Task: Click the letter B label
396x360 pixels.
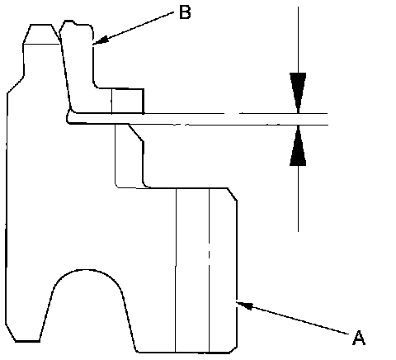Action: pyautogui.click(x=185, y=12)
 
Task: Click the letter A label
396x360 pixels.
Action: pyautogui.click(x=359, y=338)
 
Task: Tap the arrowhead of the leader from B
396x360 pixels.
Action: pyautogui.click(x=100, y=40)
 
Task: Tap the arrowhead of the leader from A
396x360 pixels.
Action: pyautogui.click(x=244, y=306)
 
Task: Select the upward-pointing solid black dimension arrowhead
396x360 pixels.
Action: pyautogui.click(x=298, y=145)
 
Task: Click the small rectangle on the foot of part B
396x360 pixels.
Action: pyautogui.click(x=128, y=101)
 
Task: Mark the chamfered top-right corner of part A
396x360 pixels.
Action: pyautogui.click(x=233, y=194)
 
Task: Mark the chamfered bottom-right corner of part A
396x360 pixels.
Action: pyautogui.click(x=233, y=349)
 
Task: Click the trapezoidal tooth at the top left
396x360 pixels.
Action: pyautogui.click(x=41, y=34)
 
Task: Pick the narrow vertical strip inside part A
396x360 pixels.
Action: pyautogui.click(x=192, y=270)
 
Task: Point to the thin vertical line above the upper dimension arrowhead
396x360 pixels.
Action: pyautogui.click(x=298, y=40)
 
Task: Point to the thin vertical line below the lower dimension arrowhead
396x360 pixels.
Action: pyautogui.click(x=298, y=199)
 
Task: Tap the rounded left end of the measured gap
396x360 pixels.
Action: pyautogui.click(x=68, y=118)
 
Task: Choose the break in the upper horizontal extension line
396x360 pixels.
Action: pyautogui.click(x=233, y=113)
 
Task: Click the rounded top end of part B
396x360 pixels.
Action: pyautogui.click(x=76, y=25)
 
